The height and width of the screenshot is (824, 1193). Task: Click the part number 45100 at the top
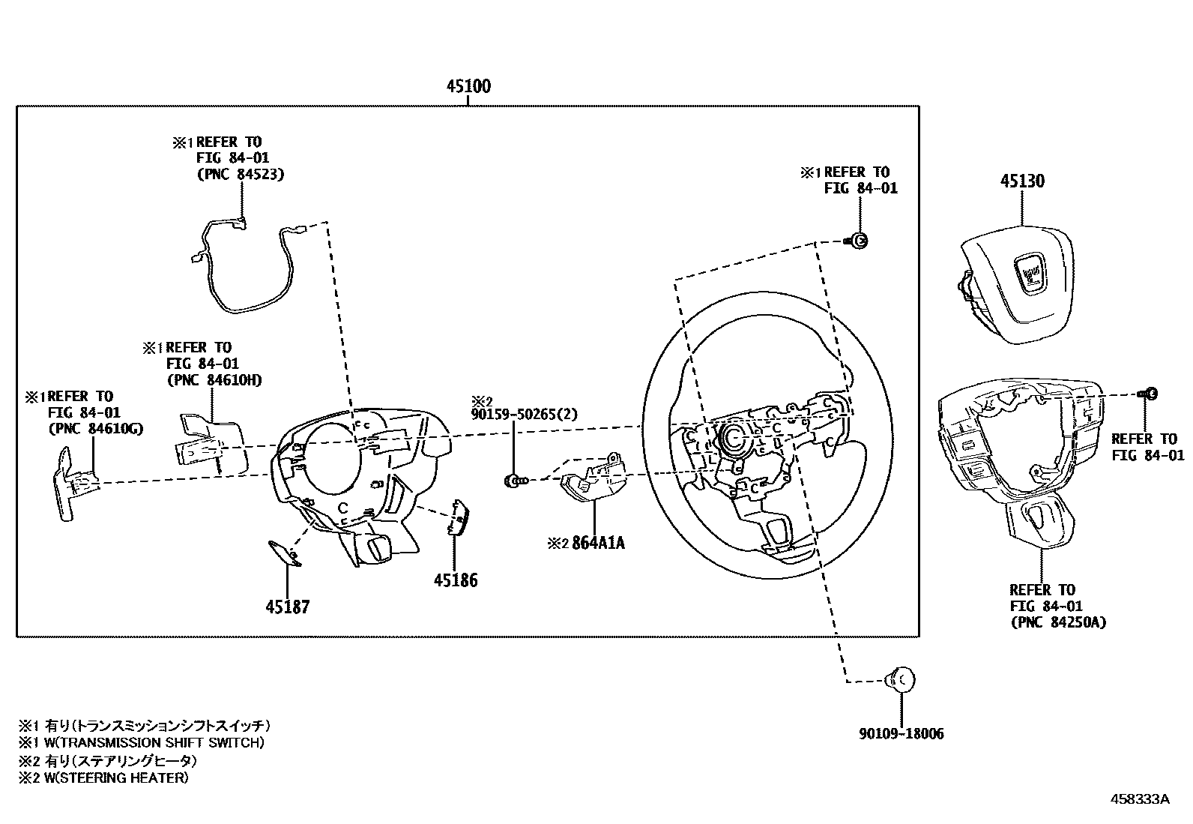pyautogui.click(x=468, y=86)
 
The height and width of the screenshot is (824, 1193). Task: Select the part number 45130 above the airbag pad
pyautogui.click(x=1022, y=181)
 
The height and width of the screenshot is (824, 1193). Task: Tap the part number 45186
pyautogui.click(x=455, y=580)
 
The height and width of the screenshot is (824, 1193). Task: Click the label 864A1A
pyautogui.click(x=598, y=543)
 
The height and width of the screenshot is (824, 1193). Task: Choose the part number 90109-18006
pyautogui.click(x=901, y=734)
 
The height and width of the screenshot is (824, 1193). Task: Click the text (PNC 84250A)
pyautogui.click(x=1057, y=622)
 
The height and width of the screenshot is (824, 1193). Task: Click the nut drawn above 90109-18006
pyautogui.click(x=900, y=681)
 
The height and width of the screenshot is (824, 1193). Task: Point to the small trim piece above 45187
pyautogui.click(x=285, y=552)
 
